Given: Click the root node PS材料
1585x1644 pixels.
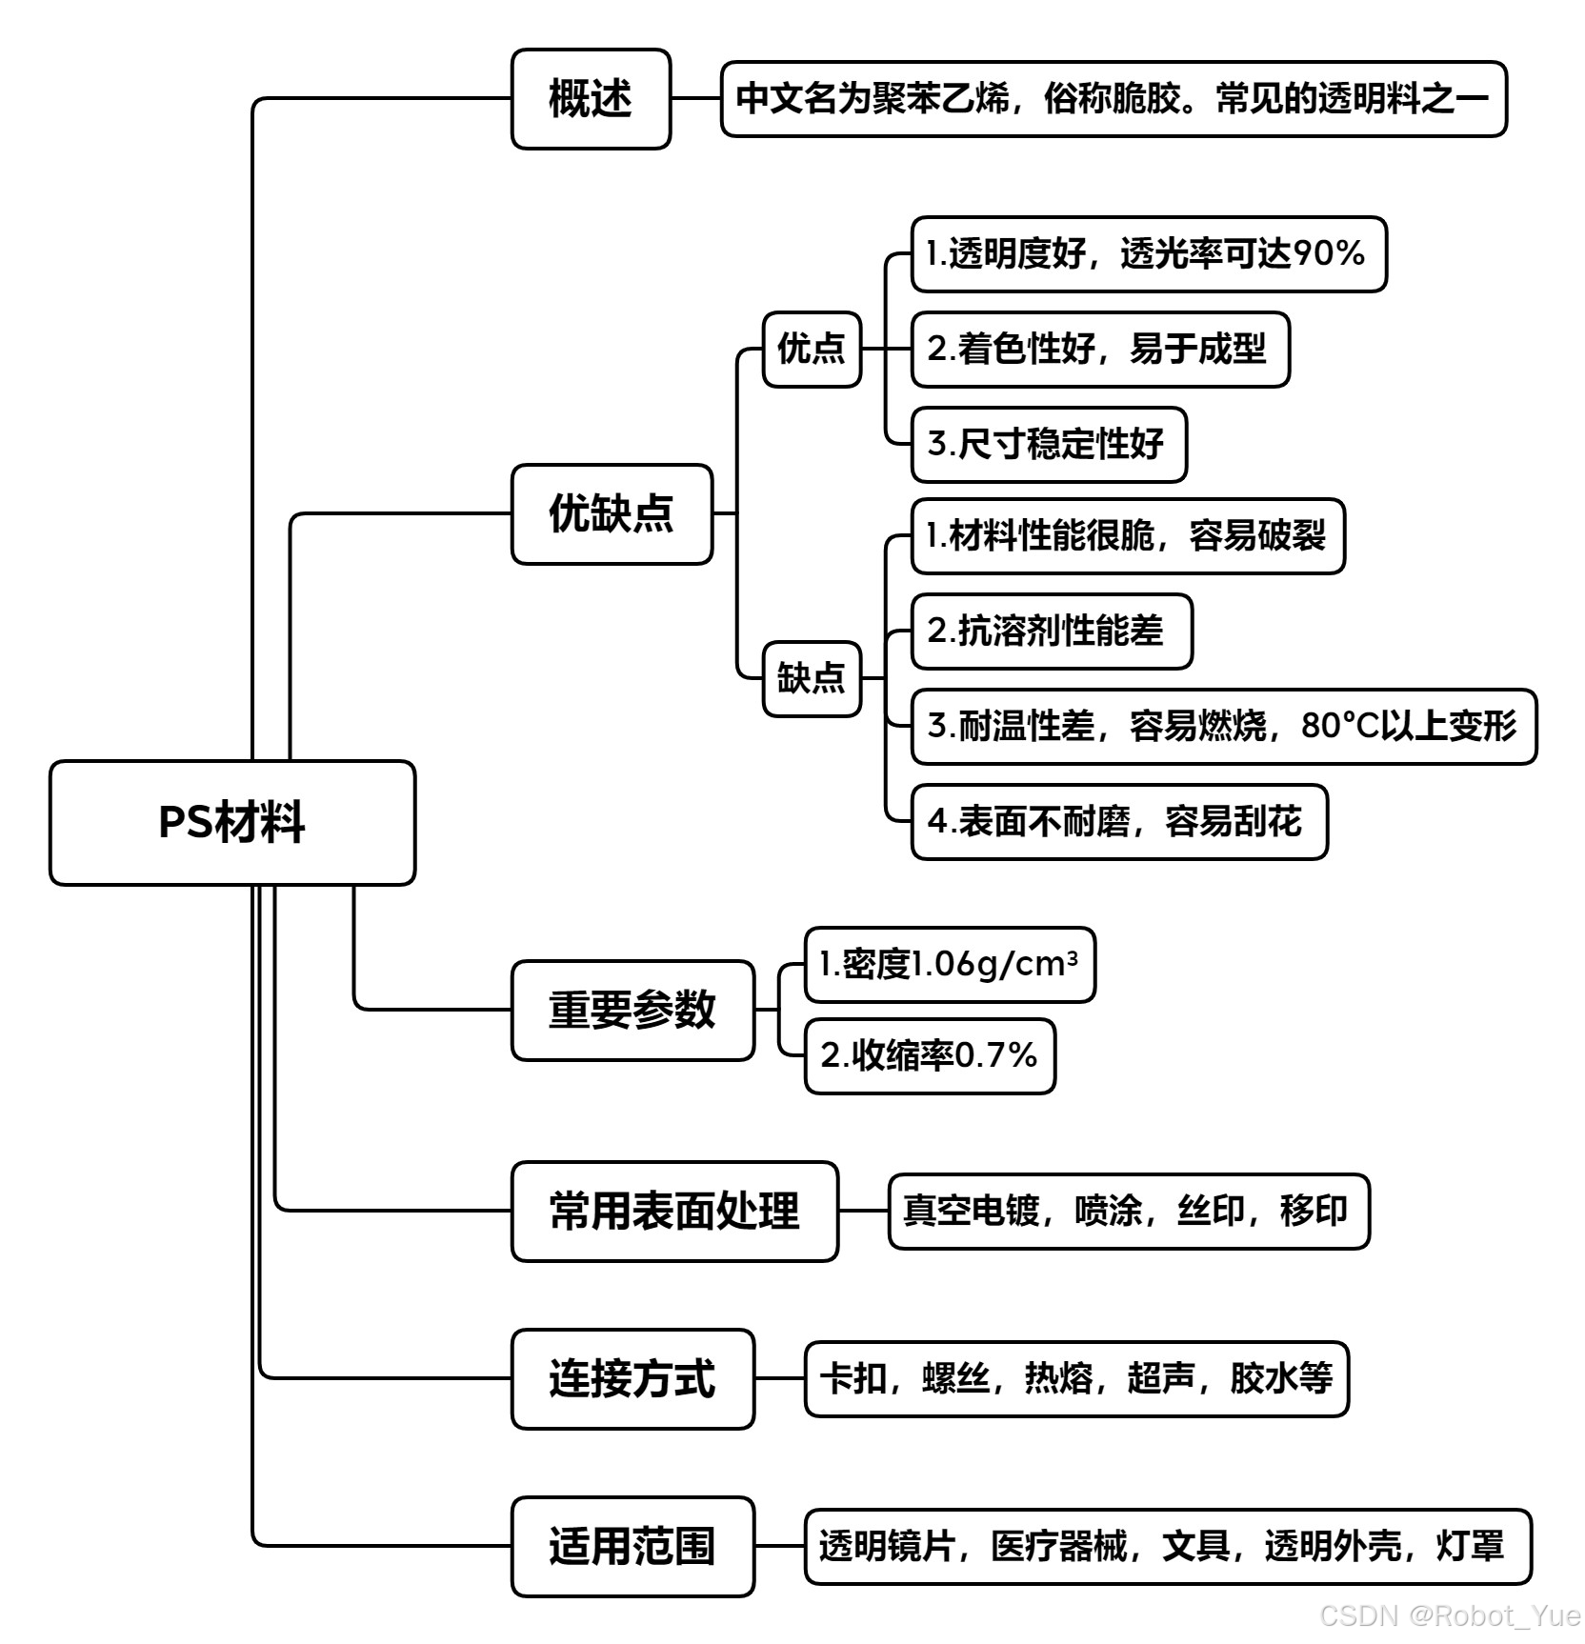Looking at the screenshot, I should tap(232, 823).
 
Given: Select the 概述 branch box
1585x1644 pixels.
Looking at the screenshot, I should tap(591, 99).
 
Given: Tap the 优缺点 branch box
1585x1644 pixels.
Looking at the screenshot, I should tap(612, 514).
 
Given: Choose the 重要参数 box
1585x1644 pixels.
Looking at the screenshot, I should tap(632, 1011).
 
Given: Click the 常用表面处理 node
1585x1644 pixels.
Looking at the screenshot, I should tap(674, 1212).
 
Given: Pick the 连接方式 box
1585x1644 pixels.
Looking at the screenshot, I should tap(632, 1379).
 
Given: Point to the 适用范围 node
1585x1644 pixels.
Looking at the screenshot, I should tap(632, 1547).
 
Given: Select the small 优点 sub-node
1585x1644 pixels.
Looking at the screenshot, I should tap(812, 350).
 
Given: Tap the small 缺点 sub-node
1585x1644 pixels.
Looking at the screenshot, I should tap(812, 679).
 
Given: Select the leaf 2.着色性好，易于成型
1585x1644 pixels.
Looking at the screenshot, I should tap(1098, 350).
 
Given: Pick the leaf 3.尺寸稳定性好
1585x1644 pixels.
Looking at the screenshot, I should tap(1047, 445).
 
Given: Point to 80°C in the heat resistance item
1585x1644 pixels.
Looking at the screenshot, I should tap(1340, 727).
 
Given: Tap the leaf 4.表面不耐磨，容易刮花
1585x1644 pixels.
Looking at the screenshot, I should tap(1115, 822).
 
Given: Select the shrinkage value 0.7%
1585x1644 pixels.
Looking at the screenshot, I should tap(994, 1056).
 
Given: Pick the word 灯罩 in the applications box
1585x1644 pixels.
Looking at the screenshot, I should tap(1471, 1547).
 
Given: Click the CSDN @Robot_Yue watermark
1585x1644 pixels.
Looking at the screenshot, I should tap(1450, 1615).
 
